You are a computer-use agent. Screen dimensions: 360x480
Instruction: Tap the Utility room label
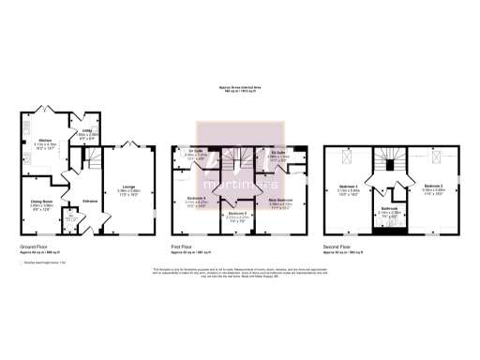click(86, 131)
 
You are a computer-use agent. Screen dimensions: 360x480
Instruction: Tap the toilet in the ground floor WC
click(74, 226)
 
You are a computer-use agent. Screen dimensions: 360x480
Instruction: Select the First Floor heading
click(186, 247)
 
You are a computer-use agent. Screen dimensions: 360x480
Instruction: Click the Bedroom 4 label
click(197, 198)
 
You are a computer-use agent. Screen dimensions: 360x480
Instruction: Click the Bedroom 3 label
click(349, 187)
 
